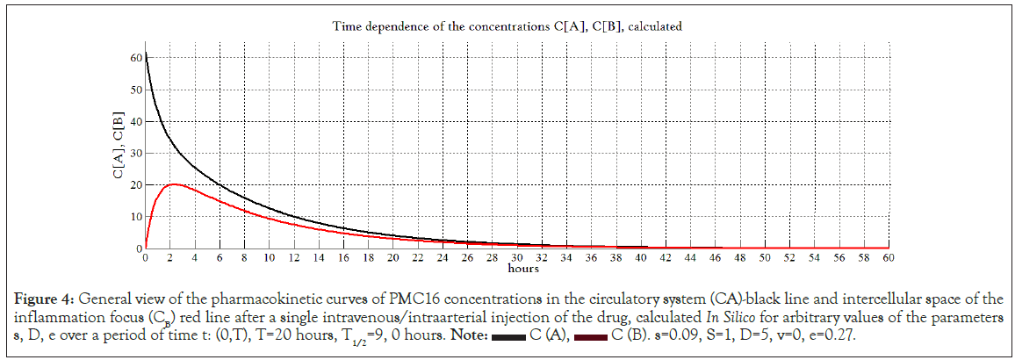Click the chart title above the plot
(x=507, y=26)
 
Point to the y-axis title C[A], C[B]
(x=117, y=146)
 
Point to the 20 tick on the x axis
(x=393, y=258)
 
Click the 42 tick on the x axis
(x=666, y=258)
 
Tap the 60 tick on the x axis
(x=889, y=258)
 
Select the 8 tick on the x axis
(x=245, y=258)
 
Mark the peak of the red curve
(x=173, y=184)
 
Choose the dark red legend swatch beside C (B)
(x=593, y=336)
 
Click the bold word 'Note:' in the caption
(x=468, y=336)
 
